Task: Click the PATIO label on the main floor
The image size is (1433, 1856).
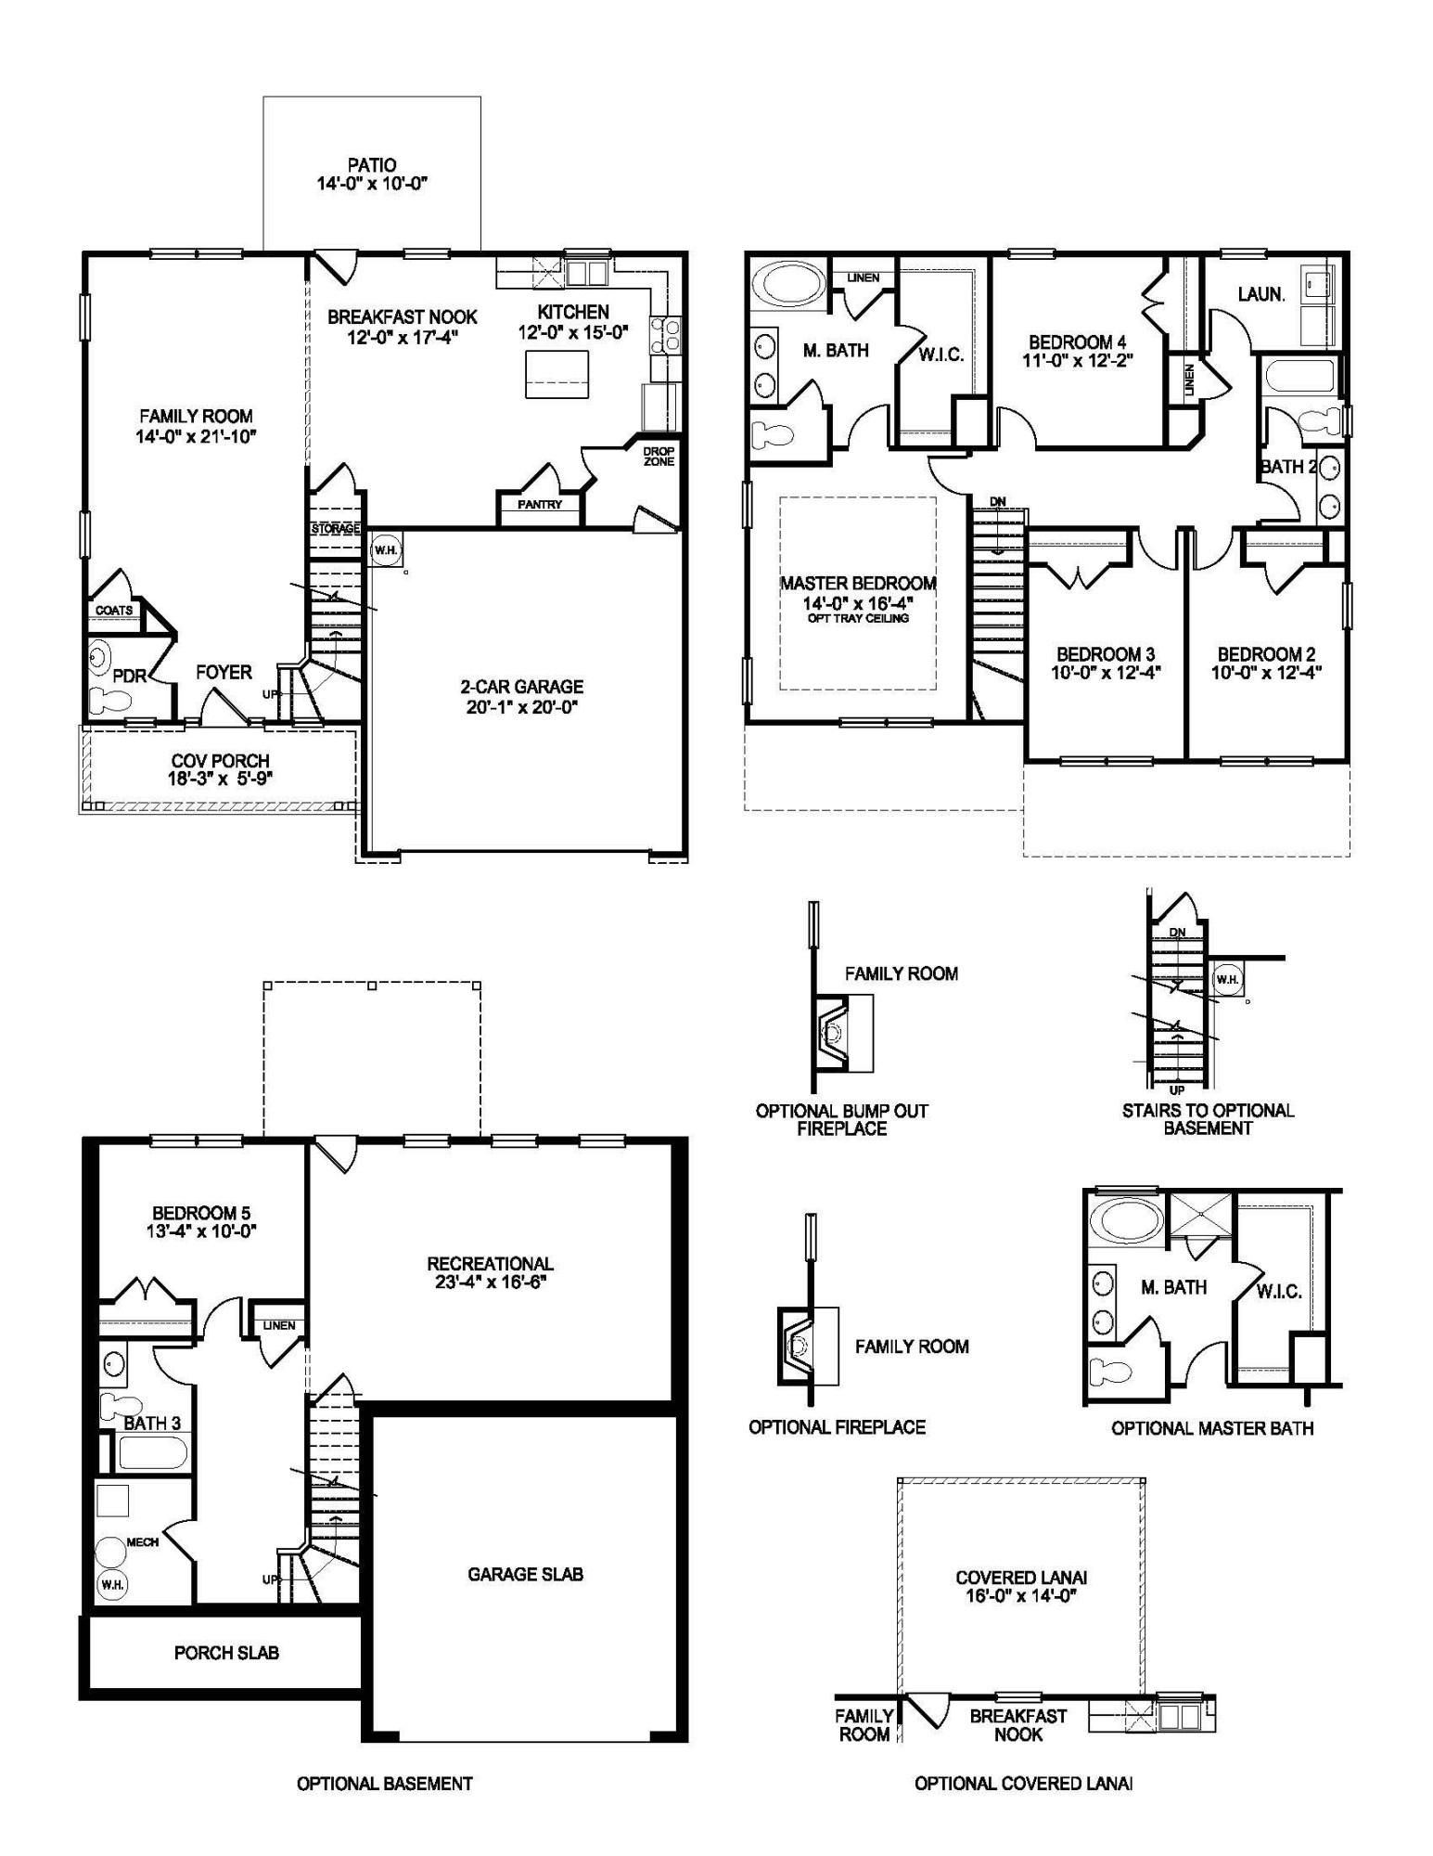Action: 372,165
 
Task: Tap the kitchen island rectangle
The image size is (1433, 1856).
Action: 557,374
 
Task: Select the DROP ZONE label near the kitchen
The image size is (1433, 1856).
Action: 659,456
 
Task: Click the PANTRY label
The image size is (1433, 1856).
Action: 540,505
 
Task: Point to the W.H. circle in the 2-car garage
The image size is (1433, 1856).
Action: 385,550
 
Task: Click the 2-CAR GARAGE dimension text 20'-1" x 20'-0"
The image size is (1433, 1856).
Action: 522,707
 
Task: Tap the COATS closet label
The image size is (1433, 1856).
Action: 114,611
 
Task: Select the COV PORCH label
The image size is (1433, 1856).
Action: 220,761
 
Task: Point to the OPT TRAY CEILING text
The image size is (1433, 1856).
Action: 858,618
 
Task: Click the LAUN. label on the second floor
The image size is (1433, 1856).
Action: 1261,294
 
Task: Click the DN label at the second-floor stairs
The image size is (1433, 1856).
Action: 997,502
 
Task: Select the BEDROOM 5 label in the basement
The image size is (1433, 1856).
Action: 201,1213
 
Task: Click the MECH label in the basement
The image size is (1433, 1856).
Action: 143,1542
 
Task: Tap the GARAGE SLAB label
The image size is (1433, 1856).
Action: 525,1574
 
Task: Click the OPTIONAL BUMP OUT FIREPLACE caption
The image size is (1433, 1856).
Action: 841,1119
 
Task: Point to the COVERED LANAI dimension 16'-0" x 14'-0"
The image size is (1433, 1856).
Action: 1021,1596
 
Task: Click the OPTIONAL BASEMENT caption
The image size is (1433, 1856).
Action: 384,1784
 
